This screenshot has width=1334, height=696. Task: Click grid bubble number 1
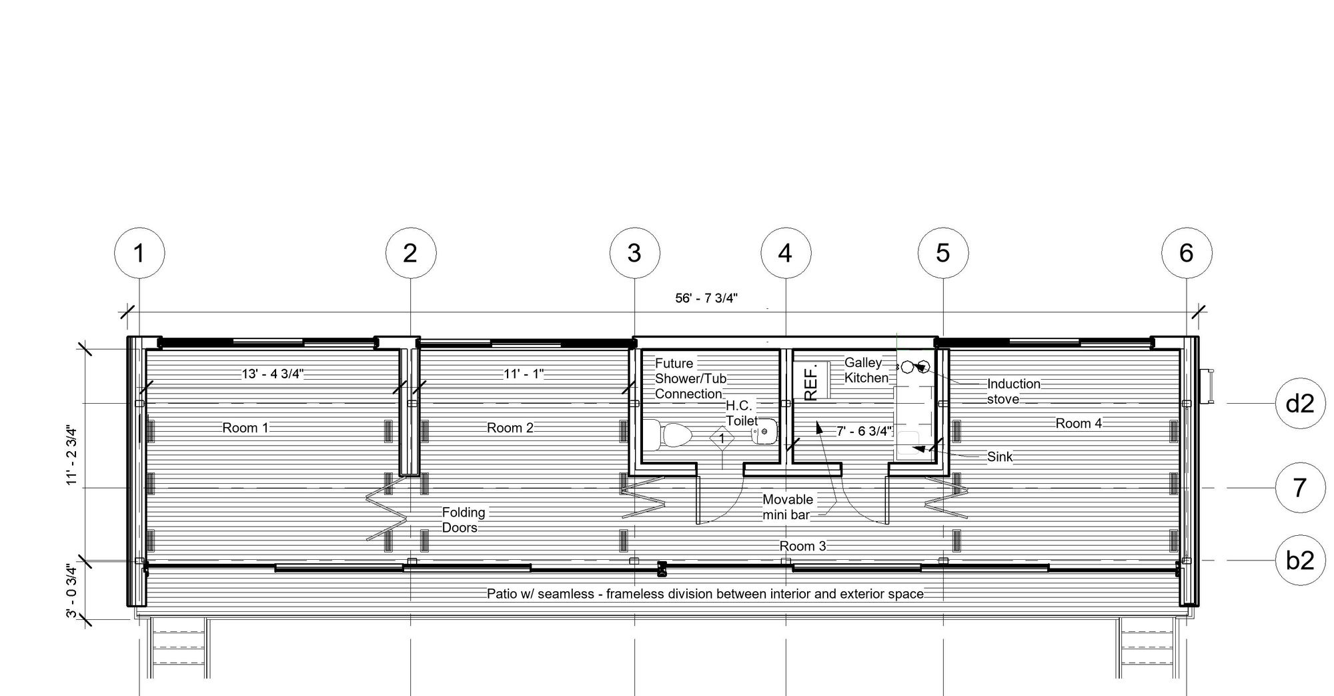[139, 254]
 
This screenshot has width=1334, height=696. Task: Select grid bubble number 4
[786, 254]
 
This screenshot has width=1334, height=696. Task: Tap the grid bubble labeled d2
[1300, 404]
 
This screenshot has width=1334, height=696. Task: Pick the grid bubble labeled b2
[1300, 561]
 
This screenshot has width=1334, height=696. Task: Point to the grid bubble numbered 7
[1300, 488]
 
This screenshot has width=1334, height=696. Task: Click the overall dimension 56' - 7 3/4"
[706, 298]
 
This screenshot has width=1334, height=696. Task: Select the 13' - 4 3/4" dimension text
[272, 374]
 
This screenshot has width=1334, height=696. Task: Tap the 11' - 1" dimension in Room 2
[524, 374]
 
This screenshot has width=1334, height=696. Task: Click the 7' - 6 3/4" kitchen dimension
[864, 431]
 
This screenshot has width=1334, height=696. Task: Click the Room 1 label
[245, 428]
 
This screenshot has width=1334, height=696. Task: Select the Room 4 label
[1079, 423]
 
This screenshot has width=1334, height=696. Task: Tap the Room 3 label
[803, 546]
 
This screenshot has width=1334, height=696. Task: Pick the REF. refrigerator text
[811, 382]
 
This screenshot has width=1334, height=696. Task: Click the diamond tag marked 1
[722, 439]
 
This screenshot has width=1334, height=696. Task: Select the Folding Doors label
[464, 520]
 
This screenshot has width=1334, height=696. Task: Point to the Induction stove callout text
[1014, 391]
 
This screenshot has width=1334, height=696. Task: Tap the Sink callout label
[1000, 456]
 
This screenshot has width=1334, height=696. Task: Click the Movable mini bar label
[788, 507]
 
